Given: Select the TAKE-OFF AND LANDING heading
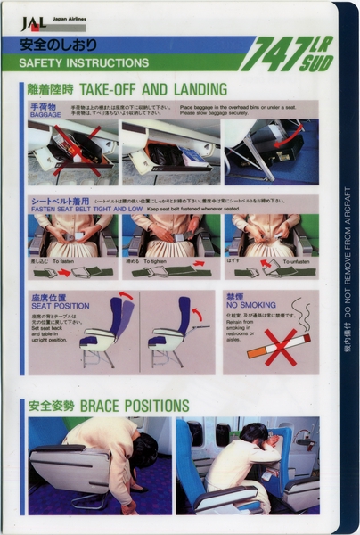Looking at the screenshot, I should [152, 89].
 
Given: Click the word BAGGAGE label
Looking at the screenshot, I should [45, 114].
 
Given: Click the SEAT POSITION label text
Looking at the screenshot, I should [60, 306].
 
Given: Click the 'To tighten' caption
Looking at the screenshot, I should [161, 261].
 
